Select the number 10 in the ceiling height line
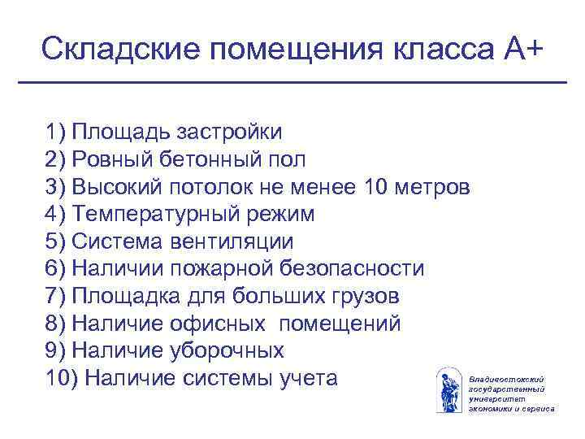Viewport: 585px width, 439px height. pyautogui.click(x=378, y=187)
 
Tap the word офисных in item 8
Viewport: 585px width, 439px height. pyautogui.click(x=219, y=324)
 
